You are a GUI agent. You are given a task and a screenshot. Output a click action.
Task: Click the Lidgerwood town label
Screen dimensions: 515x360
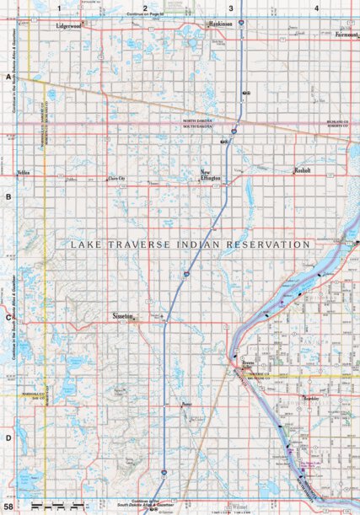(68, 25)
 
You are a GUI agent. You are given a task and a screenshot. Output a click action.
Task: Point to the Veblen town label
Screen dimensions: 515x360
(24, 172)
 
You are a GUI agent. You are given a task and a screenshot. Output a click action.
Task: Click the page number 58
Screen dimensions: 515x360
(8, 507)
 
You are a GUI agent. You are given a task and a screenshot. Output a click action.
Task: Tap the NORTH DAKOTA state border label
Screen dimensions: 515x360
(200, 121)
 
